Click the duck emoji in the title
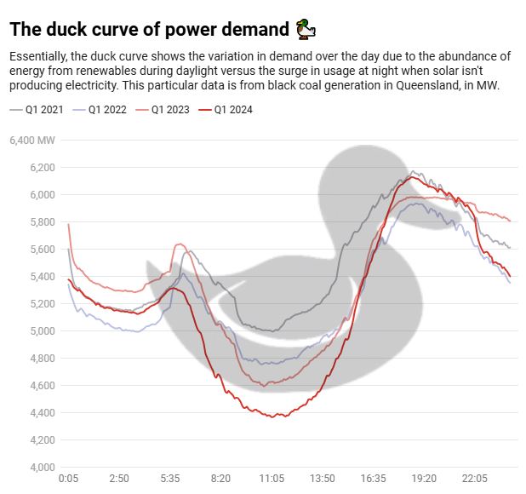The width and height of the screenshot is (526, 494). pyautogui.click(x=306, y=31)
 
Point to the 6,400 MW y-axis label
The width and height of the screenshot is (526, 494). pyautogui.click(x=32, y=140)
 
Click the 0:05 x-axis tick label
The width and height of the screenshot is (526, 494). pyautogui.click(x=68, y=480)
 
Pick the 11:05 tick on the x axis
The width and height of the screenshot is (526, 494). pyautogui.click(x=272, y=480)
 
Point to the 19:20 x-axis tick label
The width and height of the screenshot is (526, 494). pyautogui.click(x=424, y=480)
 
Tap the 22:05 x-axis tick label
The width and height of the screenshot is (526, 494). pyautogui.click(x=475, y=480)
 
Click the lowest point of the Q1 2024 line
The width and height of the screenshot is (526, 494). pyautogui.click(x=272, y=417)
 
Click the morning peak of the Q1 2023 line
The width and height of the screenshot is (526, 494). pyautogui.click(x=180, y=244)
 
